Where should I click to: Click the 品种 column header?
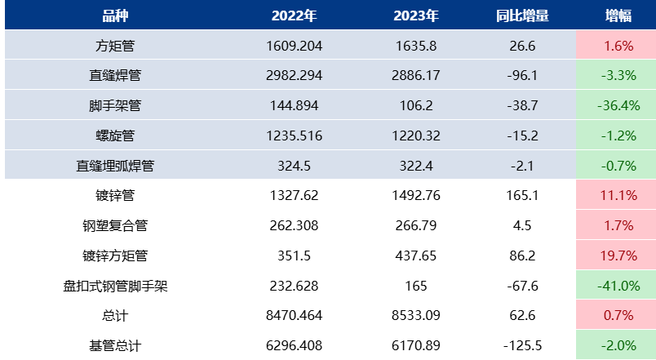pyautogui.click(x=115, y=16)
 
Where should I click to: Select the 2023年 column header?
pyautogui.click(x=416, y=16)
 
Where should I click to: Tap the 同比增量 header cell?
pyautogui.click(x=522, y=16)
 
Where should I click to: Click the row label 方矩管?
pyautogui.click(x=115, y=46)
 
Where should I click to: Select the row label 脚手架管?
pyautogui.click(x=115, y=105)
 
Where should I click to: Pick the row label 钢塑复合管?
pyautogui.click(x=115, y=225)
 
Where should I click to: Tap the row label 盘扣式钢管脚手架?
pyautogui.click(x=115, y=286)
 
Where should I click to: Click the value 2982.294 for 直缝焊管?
pyautogui.click(x=294, y=76)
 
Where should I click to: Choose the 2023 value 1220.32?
pyautogui.click(x=416, y=136)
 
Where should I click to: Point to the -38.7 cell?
pyautogui.click(x=522, y=105)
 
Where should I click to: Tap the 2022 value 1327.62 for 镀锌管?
pyautogui.click(x=294, y=195)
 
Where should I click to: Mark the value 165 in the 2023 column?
pyautogui.click(x=416, y=286)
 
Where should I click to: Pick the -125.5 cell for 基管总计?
pyautogui.click(x=522, y=345)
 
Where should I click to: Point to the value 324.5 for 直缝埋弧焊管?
pyautogui.click(x=294, y=166)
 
